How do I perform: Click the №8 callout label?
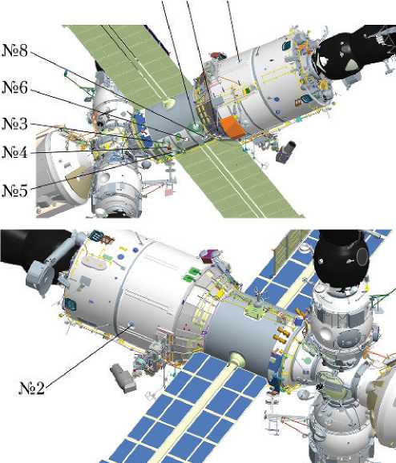14,50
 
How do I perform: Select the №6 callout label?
14,87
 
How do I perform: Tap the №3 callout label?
14,124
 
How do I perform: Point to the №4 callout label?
14,152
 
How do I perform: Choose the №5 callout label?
14,191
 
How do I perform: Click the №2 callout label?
31,388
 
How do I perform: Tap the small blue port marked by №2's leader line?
131,324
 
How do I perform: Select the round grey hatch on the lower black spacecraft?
362,256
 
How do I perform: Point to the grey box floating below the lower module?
123,378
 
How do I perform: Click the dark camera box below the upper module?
285,152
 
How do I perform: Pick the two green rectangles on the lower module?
192,274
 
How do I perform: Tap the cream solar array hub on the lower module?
237,359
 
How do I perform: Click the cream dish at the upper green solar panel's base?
169,103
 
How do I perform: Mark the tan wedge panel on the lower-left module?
78,184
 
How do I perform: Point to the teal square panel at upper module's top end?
286,45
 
